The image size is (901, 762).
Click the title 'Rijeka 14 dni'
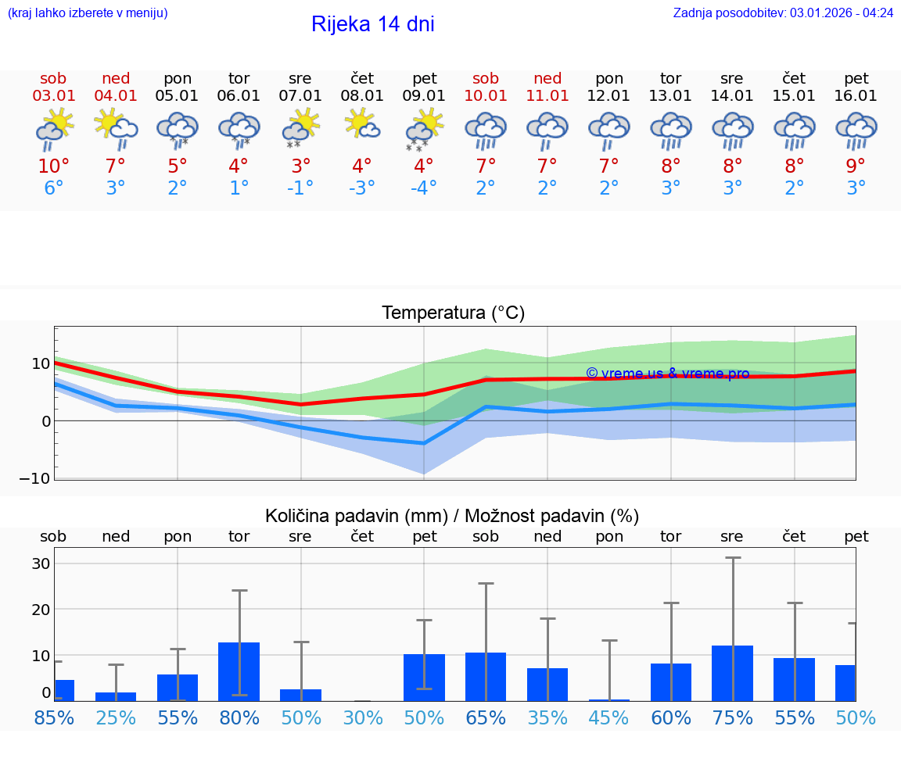(372, 24)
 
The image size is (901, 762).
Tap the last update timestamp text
(783, 13)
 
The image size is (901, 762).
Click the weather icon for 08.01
(362, 125)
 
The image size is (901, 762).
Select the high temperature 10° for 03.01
(54, 166)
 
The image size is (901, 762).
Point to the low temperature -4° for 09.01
(424, 188)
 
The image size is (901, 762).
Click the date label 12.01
(609, 95)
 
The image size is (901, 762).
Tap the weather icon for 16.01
(856, 130)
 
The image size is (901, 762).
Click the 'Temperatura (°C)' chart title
(453, 313)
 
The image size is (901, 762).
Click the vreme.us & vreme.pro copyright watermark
(667, 374)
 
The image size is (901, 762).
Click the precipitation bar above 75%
(733, 673)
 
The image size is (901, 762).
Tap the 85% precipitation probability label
(54, 717)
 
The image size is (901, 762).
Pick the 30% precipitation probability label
(363, 717)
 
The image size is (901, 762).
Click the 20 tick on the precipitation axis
(41, 609)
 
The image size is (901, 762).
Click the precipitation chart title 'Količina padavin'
(452, 516)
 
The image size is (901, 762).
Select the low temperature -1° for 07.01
(300, 188)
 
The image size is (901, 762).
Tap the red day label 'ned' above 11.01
(547, 78)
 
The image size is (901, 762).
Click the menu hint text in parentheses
(88, 13)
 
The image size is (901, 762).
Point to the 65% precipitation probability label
(486, 717)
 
